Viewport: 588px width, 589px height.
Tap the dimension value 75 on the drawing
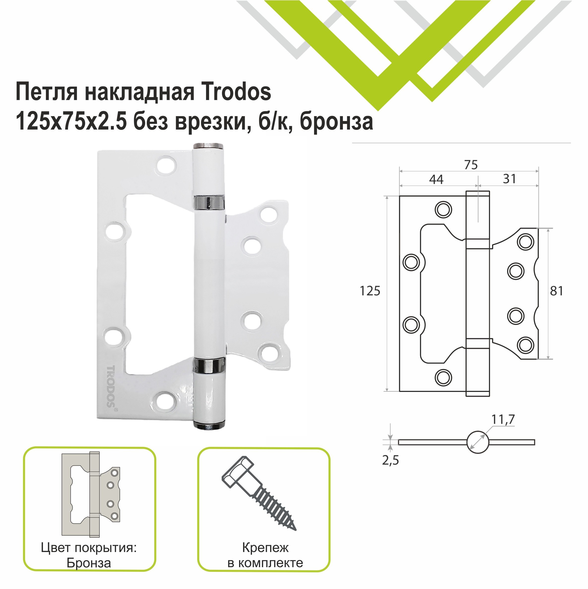(471, 165)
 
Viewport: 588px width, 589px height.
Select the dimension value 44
(436, 179)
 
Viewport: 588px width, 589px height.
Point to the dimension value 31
(509, 179)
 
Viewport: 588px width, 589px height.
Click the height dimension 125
(370, 291)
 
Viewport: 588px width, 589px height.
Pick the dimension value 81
(556, 291)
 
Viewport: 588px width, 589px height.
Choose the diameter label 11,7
(503, 419)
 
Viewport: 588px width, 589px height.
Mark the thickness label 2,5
(390, 460)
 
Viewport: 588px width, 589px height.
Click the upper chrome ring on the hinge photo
(209, 203)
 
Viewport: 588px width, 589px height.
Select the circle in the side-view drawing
(477, 442)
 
